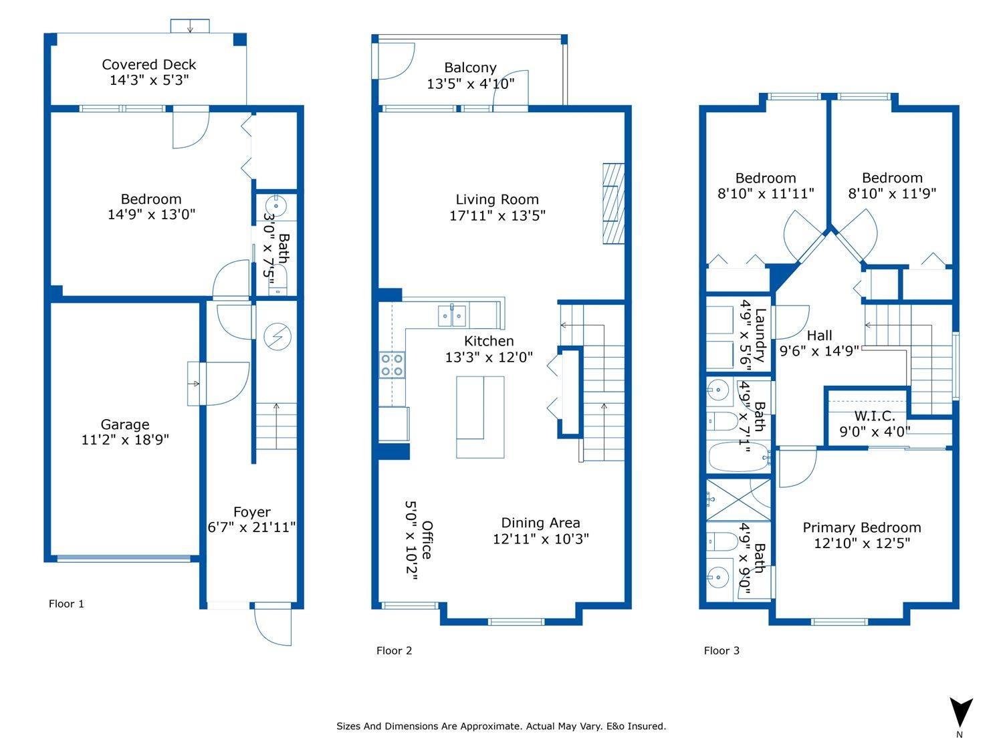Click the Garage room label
[124, 424]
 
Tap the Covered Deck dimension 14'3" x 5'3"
[149, 80]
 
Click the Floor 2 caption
[394, 650]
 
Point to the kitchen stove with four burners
[392, 365]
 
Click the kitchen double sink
[453, 315]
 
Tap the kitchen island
[480, 417]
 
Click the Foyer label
[251, 512]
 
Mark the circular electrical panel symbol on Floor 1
[275, 336]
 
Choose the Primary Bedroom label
[861, 527]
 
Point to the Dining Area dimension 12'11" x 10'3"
[540, 539]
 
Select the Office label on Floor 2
[427, 539]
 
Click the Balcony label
[470, 68]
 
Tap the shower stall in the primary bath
[738, 499]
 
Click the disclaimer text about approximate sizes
[501, 726]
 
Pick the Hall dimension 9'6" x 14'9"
[819, 351]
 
